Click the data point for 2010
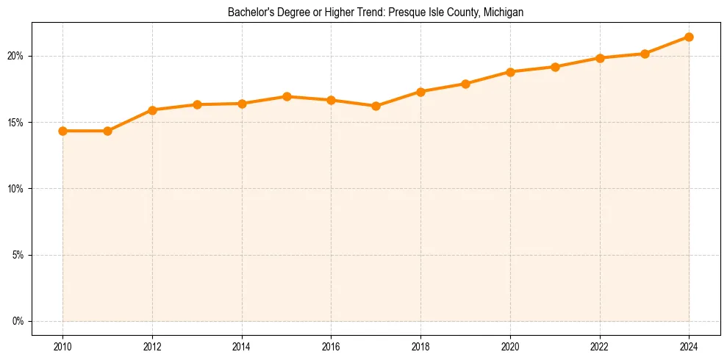(x=62, y=131)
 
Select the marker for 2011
(x=107, y=131)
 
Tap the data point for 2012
(x=152, y=110)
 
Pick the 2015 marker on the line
(x=287, y=96)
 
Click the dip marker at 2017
(x=376, y=106)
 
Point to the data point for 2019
(x=465, y=84)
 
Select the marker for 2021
(x=555, y=67)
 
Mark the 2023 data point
(x=645, y=54)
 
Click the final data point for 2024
(x=689, y=37)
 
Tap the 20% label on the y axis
(x=16, y=56)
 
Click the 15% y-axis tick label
(x=16, y=122)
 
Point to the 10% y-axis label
(x=16, y=189)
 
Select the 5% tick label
(x=18, y=255)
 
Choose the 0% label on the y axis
(x=18, y=321)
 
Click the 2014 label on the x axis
(x=242, y=346)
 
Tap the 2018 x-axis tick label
(x=420, y=346)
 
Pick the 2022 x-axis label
(x=600, y=346)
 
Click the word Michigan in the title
(x=504, y=12)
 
